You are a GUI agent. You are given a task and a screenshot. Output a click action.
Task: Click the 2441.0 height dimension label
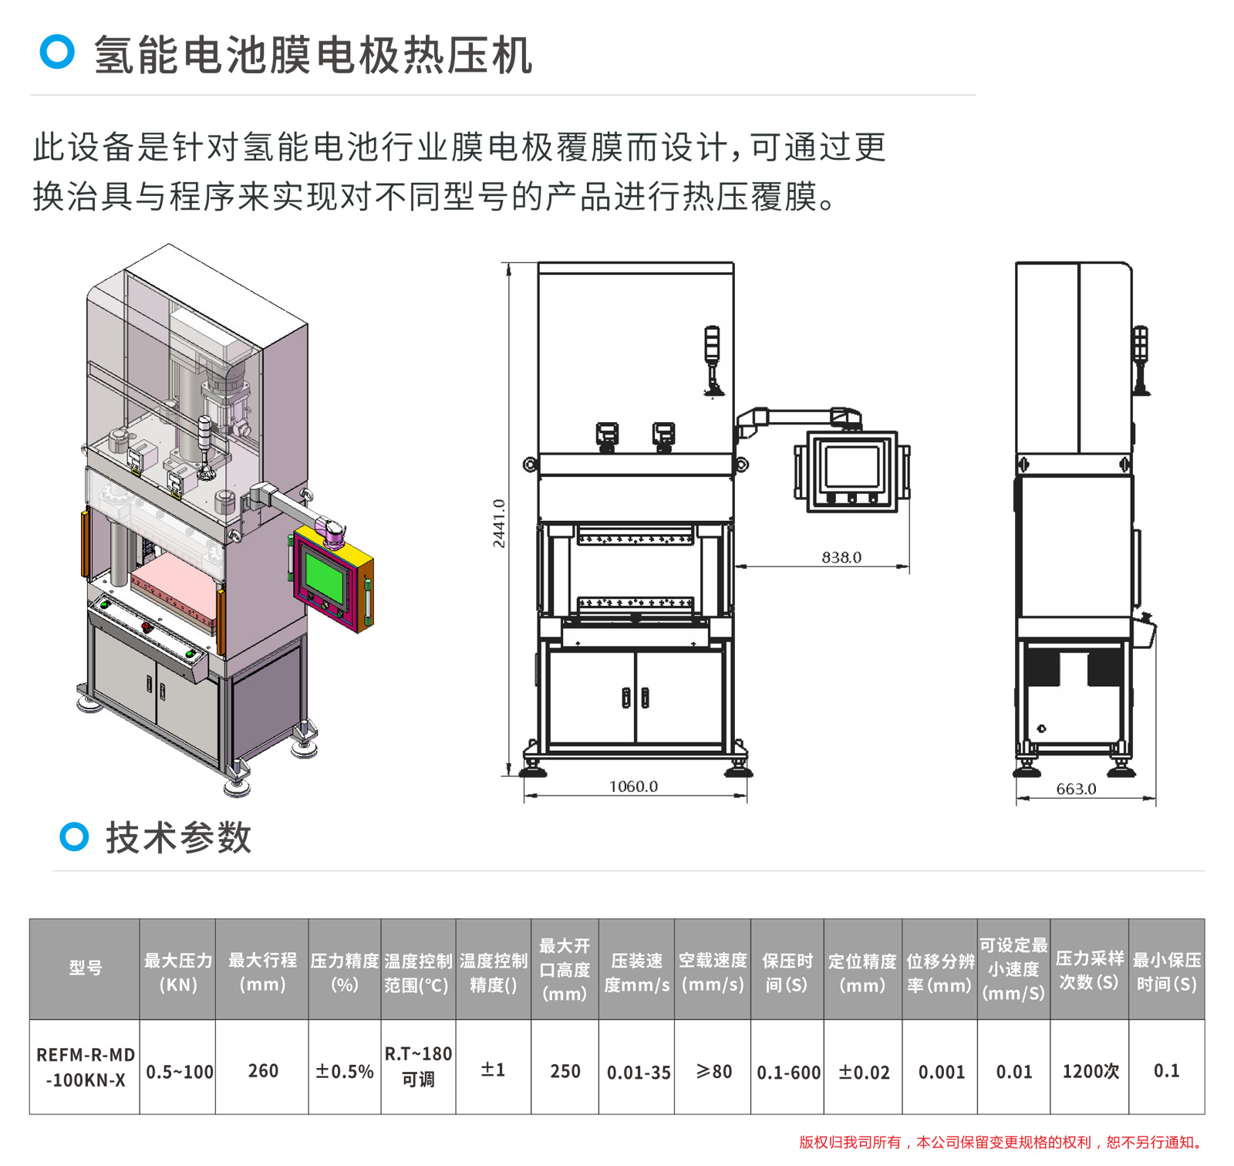click(x=499, y=523)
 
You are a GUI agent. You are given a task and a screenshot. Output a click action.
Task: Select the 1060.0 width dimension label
click(x=633, y=786)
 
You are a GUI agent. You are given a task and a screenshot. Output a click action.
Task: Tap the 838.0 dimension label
click(x=841, y=557)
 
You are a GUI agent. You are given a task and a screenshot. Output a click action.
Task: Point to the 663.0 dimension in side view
click(x=1076, y=789)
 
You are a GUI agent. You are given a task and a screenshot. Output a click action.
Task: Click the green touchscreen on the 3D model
click(x=325, y=576)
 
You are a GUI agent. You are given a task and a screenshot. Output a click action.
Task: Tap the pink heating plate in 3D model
click(x=173, y=582)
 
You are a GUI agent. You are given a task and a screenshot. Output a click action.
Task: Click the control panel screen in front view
click(x=851, y=468)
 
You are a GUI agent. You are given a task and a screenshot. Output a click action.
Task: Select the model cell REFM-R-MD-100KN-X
click(x=85, y=1067)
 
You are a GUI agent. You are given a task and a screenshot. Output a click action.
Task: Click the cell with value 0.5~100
click(x=179, y=1072)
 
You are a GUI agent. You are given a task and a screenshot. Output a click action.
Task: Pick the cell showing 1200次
click(x=1090, y=1071)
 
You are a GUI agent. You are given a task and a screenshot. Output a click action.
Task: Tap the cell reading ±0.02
click(x=864, y=1072)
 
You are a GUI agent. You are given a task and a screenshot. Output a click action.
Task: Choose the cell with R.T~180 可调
click(x=418, y=1066)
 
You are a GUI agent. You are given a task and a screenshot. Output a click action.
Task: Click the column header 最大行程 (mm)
click(x=262, y=972)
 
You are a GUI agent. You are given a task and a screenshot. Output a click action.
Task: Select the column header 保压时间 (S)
click(x=787, y=972)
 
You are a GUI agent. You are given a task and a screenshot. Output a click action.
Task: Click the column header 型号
click(x=85, y=968)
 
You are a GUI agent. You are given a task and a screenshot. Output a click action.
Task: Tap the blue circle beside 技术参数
click(x=74, y=836)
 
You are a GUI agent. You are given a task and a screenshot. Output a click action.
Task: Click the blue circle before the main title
click(x=57, y=52)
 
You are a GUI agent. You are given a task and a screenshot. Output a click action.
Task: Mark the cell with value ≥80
click(x=713, y=1071)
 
